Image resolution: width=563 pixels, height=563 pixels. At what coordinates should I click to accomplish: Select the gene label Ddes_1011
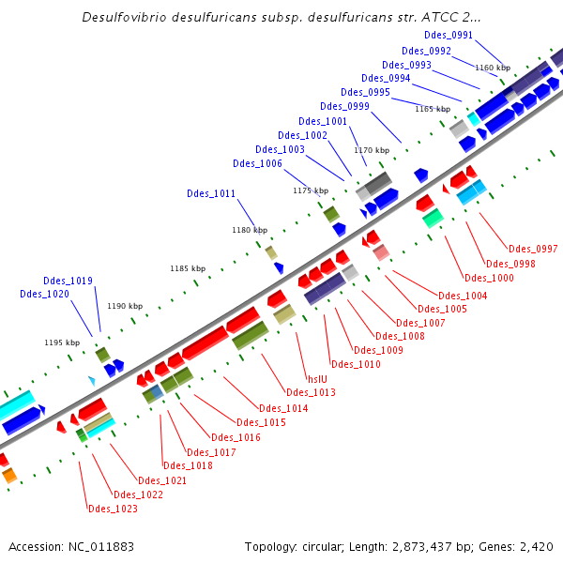click(x=211, y=194)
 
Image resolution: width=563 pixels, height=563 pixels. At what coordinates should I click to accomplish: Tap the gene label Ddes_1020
click(x=44, y=294)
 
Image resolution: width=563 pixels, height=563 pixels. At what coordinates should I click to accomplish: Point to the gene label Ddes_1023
click(x=113, y=509)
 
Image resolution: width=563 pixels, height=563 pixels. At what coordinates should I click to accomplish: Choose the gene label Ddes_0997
click(x=533, y=249)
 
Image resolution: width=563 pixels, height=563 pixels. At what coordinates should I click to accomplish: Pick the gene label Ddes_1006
click(x=257, y=163)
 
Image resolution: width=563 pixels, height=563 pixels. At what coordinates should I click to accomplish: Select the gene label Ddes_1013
click(x=311, y=392)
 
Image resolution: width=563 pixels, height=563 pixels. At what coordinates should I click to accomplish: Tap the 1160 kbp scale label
click(x=493, y=68)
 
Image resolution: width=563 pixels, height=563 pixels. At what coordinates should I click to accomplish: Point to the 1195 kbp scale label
click(x=62, y=342)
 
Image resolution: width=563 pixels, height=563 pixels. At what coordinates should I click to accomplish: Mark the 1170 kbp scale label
click(x=371, y=150)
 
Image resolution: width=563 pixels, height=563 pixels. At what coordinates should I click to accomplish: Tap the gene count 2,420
click(x=535, y=546)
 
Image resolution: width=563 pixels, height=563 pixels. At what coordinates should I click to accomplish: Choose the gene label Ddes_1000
click(x=489, y=278)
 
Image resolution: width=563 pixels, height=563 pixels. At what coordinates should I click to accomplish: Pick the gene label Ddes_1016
click(x=236, y=437)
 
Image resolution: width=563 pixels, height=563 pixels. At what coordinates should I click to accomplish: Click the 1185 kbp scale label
click(x=188, y=268)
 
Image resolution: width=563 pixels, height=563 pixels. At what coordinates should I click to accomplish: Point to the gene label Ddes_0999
click(x=344, y=106)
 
